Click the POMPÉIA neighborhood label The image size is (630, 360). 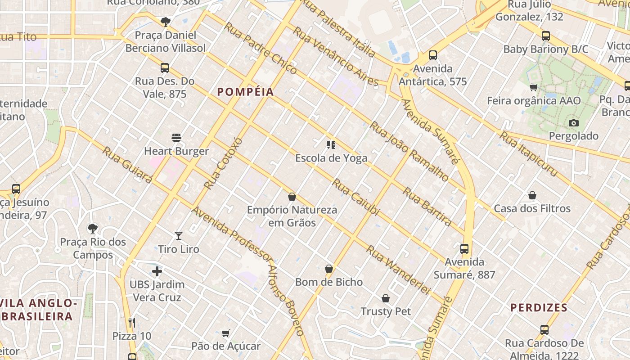245,92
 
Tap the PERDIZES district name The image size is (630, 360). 539,308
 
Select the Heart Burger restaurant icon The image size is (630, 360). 176,138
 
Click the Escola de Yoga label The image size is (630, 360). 331,158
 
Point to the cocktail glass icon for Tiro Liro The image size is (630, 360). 179,235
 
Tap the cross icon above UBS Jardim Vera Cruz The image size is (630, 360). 157,271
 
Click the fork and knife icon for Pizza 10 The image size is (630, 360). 132,322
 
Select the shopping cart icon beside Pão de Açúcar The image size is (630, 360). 226,333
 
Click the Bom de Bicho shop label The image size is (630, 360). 329,282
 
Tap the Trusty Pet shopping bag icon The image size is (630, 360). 386,298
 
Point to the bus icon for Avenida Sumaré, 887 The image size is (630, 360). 464,248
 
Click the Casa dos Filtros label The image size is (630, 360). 532,209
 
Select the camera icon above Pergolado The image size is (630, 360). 574,123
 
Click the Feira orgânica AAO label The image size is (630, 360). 534,101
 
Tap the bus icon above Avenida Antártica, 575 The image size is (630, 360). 433,55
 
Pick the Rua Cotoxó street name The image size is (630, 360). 223,163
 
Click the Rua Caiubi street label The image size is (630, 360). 356,197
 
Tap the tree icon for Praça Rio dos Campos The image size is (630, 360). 93,229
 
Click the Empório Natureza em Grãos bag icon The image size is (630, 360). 292,197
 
